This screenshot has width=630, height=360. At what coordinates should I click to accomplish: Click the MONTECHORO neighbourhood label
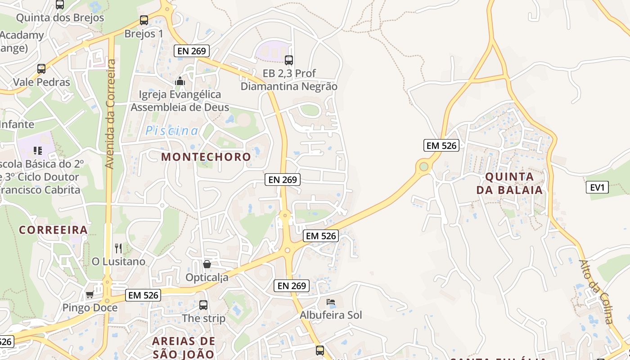[206, 157]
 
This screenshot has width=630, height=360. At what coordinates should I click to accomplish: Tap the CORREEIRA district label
[53, 230]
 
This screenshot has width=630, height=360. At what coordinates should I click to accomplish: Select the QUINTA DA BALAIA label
[509, 183]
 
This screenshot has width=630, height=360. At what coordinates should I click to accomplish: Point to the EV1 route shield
[597, 187]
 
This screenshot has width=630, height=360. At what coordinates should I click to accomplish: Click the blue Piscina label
[171, 131]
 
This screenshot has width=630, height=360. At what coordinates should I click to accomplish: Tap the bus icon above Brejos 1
[144, 20]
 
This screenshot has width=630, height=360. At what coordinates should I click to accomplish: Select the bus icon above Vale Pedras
[41, 69]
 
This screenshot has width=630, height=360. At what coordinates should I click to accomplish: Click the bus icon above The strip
[203, 305]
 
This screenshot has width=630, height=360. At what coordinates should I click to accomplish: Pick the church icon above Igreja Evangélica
[180, 81]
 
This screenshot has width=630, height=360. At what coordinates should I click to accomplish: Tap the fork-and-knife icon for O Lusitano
[118, 248]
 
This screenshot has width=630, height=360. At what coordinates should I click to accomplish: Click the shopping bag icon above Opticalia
[207, 264]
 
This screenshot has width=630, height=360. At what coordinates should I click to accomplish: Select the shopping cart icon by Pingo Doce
[90, 295]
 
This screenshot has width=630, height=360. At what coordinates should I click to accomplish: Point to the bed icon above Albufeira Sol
[331, 301]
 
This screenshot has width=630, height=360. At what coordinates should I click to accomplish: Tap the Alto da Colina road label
[596, 292]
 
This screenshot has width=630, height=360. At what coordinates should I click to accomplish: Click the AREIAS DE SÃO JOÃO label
[183, 347]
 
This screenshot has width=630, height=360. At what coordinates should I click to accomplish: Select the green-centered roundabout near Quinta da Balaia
[423, 167]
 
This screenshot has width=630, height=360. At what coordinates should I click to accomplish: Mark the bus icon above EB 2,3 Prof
[289, 60]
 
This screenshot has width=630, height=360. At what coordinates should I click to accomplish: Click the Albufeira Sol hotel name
[331, 315]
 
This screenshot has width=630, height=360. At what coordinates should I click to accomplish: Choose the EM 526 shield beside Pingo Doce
[143, 295]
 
